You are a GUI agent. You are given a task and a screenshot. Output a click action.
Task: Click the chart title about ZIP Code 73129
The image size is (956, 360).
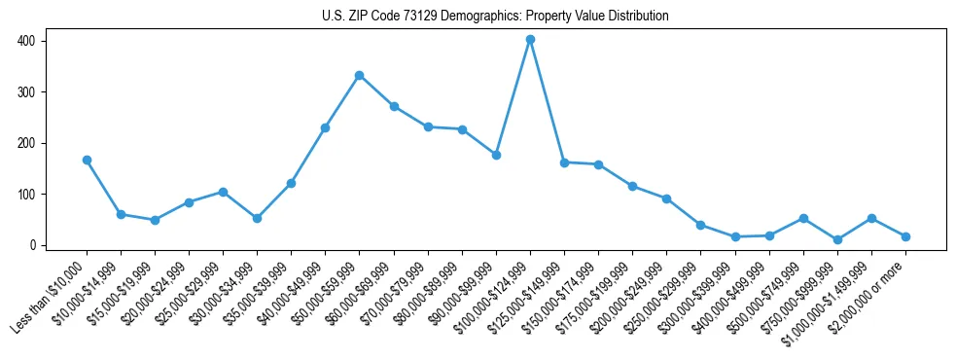(x=495, y=17)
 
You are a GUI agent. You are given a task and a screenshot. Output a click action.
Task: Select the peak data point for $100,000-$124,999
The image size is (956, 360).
(x=530, y=40)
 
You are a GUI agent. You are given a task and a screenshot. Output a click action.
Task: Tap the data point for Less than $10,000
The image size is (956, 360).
(x=87, y=160)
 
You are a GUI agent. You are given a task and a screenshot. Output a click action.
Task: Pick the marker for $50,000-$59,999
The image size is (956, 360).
(x=360, y=75)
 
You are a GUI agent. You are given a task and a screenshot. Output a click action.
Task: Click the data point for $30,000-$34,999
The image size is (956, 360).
(x=257, y=218)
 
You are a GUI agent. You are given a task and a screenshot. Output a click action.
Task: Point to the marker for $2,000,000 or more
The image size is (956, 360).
(x=905, y=236)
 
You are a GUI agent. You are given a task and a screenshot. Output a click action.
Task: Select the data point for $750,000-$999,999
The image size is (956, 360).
(x=837, y=239)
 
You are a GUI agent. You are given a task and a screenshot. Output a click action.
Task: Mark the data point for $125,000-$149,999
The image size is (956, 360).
(x=564, y=162)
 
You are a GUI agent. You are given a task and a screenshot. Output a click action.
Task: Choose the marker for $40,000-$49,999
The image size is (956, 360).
(x=325, y=127)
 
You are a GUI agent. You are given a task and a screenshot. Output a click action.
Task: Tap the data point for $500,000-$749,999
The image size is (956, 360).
(x=803, y=218)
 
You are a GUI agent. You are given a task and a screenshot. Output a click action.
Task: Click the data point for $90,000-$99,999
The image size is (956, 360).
(x=496, y=155)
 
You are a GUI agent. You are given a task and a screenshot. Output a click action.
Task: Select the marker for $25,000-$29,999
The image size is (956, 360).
(x=223, y=192)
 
